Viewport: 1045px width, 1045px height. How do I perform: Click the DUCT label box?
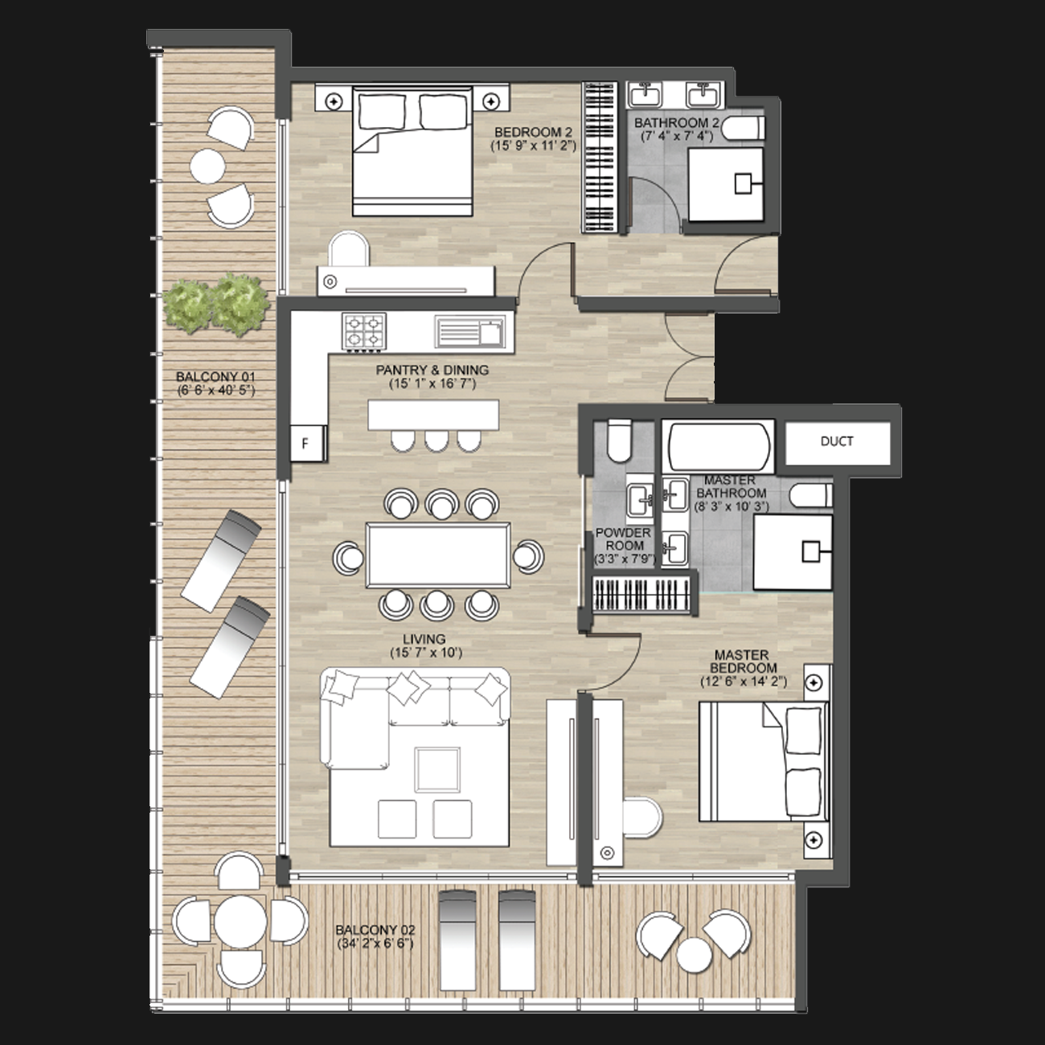click(x=838, y=443)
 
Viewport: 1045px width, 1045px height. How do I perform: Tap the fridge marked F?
click(x=308, y=443)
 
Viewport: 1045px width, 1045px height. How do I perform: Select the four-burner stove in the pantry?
click(x=364, y=331)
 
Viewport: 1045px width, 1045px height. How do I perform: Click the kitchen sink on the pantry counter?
click(x=470, y=333)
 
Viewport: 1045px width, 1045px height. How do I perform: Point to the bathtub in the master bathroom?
click(x=719, y=447)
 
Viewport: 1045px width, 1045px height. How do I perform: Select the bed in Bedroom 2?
click(x=412, y=151)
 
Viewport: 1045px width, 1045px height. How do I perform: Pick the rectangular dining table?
click(x=437, y=555)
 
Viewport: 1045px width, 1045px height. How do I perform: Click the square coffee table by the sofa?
click(x=437, y=769)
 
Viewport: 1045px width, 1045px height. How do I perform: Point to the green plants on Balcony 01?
click(x=216, y=304)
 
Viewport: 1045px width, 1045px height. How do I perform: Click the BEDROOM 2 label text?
click(x=533, y=132)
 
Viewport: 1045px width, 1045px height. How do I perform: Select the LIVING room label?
click(x=424, y=639)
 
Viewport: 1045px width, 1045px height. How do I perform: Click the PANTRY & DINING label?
click(x=432, y=370)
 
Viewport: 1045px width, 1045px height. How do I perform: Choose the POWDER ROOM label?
click(x=623, y=539)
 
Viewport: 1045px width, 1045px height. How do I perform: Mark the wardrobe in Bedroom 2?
click(x=599, y=158)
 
